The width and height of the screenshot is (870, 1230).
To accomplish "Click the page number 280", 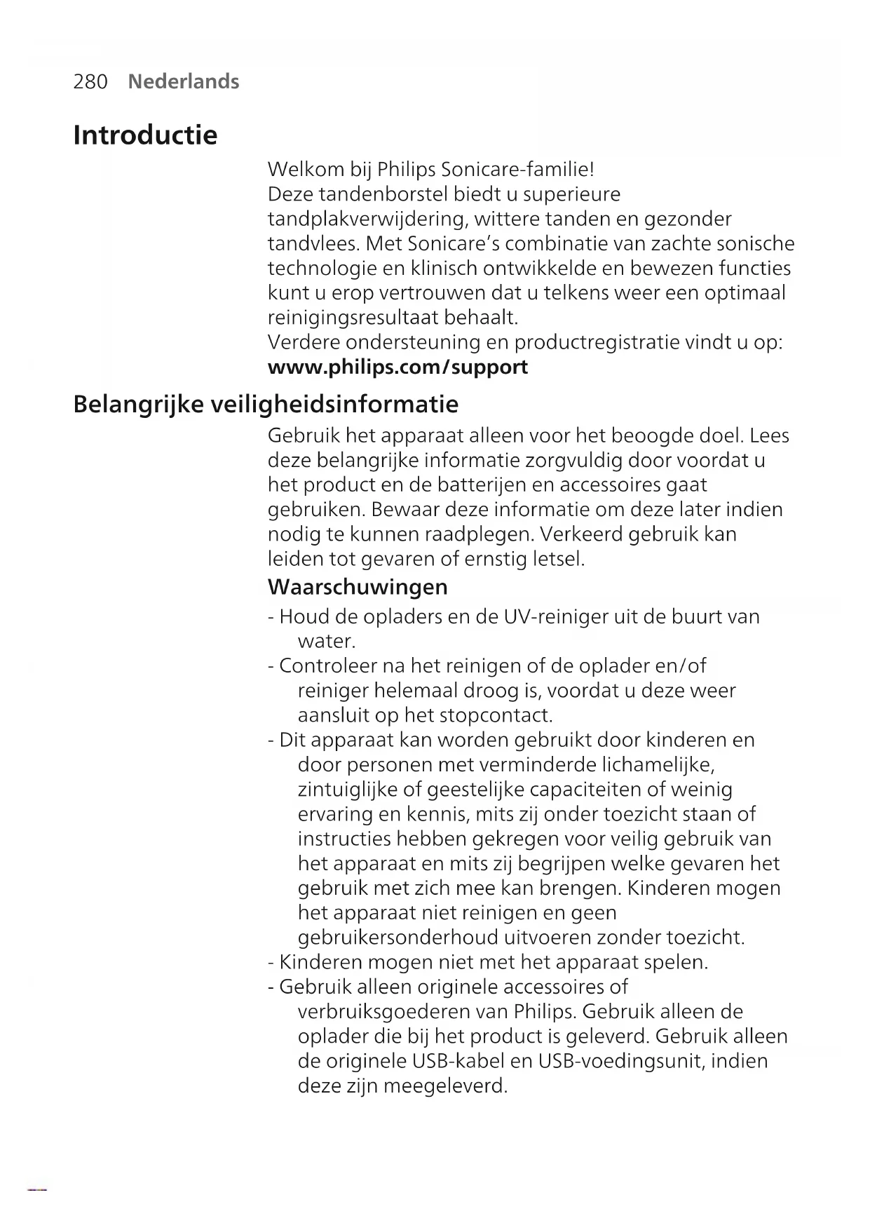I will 90,82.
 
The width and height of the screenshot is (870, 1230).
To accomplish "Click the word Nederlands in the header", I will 184,82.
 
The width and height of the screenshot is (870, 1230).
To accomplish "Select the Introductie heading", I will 145,135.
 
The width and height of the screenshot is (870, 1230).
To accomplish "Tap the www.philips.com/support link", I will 397,367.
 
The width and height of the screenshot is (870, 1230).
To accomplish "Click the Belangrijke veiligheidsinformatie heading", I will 266,404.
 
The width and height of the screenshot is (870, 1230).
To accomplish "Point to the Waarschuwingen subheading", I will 358,586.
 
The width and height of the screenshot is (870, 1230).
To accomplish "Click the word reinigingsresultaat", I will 353,318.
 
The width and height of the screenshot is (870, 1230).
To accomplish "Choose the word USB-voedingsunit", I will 621,1061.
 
